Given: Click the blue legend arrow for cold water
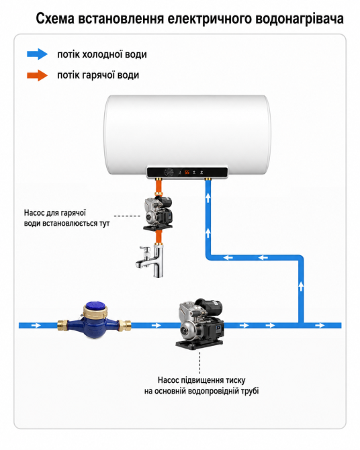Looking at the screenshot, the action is point(38,54).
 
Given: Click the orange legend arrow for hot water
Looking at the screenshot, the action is point(38,75).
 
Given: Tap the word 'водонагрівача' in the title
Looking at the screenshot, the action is point(300,19).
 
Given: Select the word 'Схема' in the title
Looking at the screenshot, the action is point(55,19).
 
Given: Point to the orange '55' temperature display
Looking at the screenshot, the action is point(187,172).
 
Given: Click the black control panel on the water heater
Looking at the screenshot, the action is point(187,172).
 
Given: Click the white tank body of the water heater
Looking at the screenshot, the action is point(187,134).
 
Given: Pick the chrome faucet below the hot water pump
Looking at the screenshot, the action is point(150,261).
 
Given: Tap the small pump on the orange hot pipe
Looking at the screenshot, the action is point(159,213).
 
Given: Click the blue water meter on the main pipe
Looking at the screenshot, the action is point(95,320).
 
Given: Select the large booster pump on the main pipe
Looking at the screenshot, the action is point(200,324).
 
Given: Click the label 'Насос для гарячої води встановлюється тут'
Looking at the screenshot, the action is point(66,218).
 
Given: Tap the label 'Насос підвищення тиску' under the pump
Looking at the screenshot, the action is point(201,380).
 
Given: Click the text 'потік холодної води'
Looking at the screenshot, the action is point(102,54).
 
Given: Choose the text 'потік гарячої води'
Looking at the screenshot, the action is point(98,75).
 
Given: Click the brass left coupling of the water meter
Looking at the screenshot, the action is point(64,325).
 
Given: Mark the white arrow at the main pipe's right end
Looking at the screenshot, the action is point(320,326).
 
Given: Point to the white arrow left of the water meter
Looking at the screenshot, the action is point(36,326).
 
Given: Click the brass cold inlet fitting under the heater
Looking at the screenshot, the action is point(208,179).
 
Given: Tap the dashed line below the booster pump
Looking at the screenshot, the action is point(199,362).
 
